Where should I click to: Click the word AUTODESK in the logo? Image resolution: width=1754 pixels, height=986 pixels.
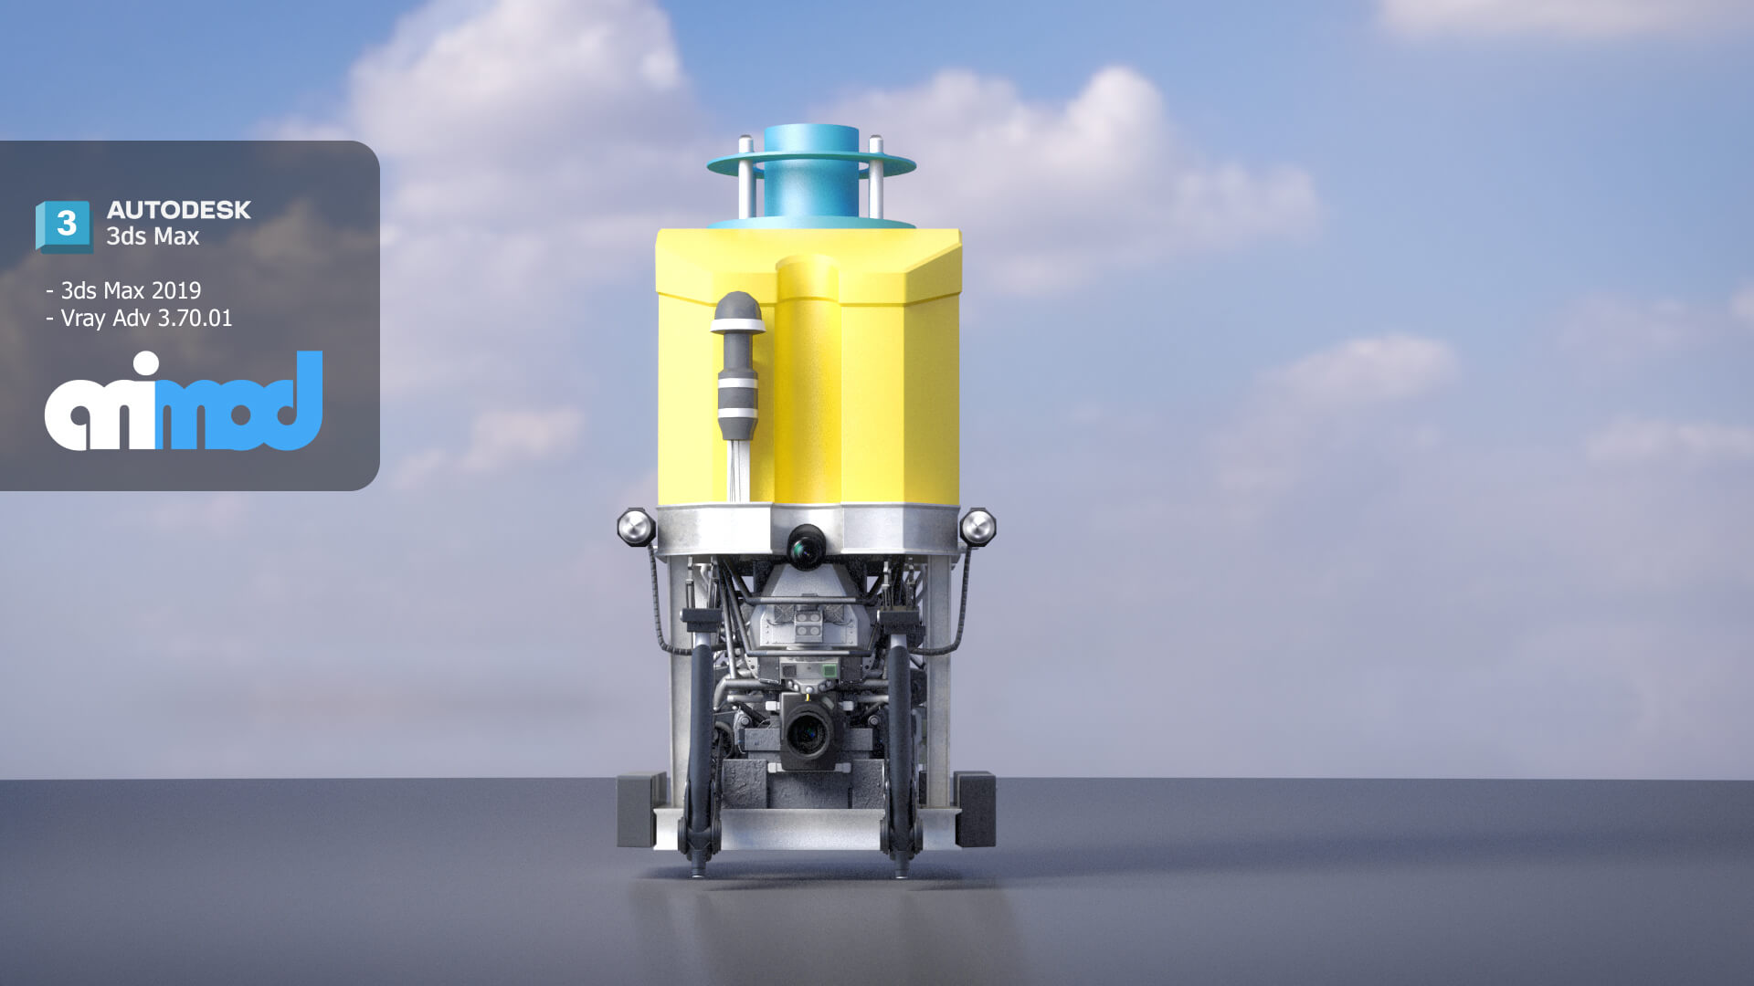(x=179, y=210)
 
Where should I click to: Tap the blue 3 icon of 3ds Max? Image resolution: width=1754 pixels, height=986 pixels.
(x=64, y=226)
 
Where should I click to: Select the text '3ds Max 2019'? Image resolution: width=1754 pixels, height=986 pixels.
(x=131, y=290)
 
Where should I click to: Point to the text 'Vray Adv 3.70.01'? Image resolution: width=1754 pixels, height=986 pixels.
(x=146, y=318)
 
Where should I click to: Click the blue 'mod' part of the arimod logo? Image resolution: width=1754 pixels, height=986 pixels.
(x=239, y=402)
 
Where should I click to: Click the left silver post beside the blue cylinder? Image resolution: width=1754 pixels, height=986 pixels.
(x=746, y=178)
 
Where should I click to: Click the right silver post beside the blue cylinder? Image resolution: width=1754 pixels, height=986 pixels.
(x=876, y=178)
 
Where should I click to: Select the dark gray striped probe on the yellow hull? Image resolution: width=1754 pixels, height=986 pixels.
(x=738, y=366)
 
